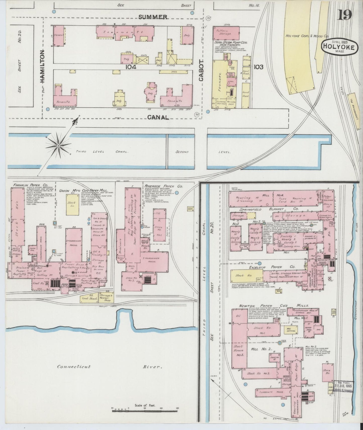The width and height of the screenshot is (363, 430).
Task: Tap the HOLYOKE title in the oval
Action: [x=339, y=47]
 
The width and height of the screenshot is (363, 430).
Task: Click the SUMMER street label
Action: [x=153, y=17]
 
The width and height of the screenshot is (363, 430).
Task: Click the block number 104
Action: [x=131, y=67]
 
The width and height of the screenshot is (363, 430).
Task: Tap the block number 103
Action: [x=258, y=67]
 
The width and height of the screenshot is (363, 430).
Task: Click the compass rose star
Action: [x=58, y=145]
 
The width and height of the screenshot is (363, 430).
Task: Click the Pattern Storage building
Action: [x=226, y=33]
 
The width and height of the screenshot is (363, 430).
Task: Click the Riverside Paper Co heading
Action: [x=163, y=186]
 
